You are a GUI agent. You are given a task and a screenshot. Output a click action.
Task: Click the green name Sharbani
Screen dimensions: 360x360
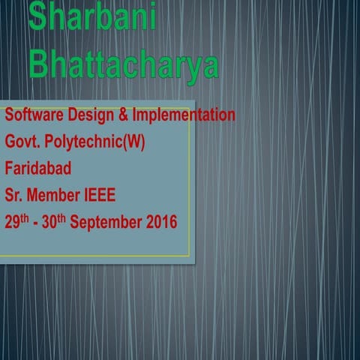[92, 16]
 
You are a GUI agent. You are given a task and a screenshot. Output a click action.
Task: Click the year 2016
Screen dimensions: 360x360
[162, 222]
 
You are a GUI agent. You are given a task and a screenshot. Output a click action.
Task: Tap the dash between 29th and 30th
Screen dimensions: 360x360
[40, 223]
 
